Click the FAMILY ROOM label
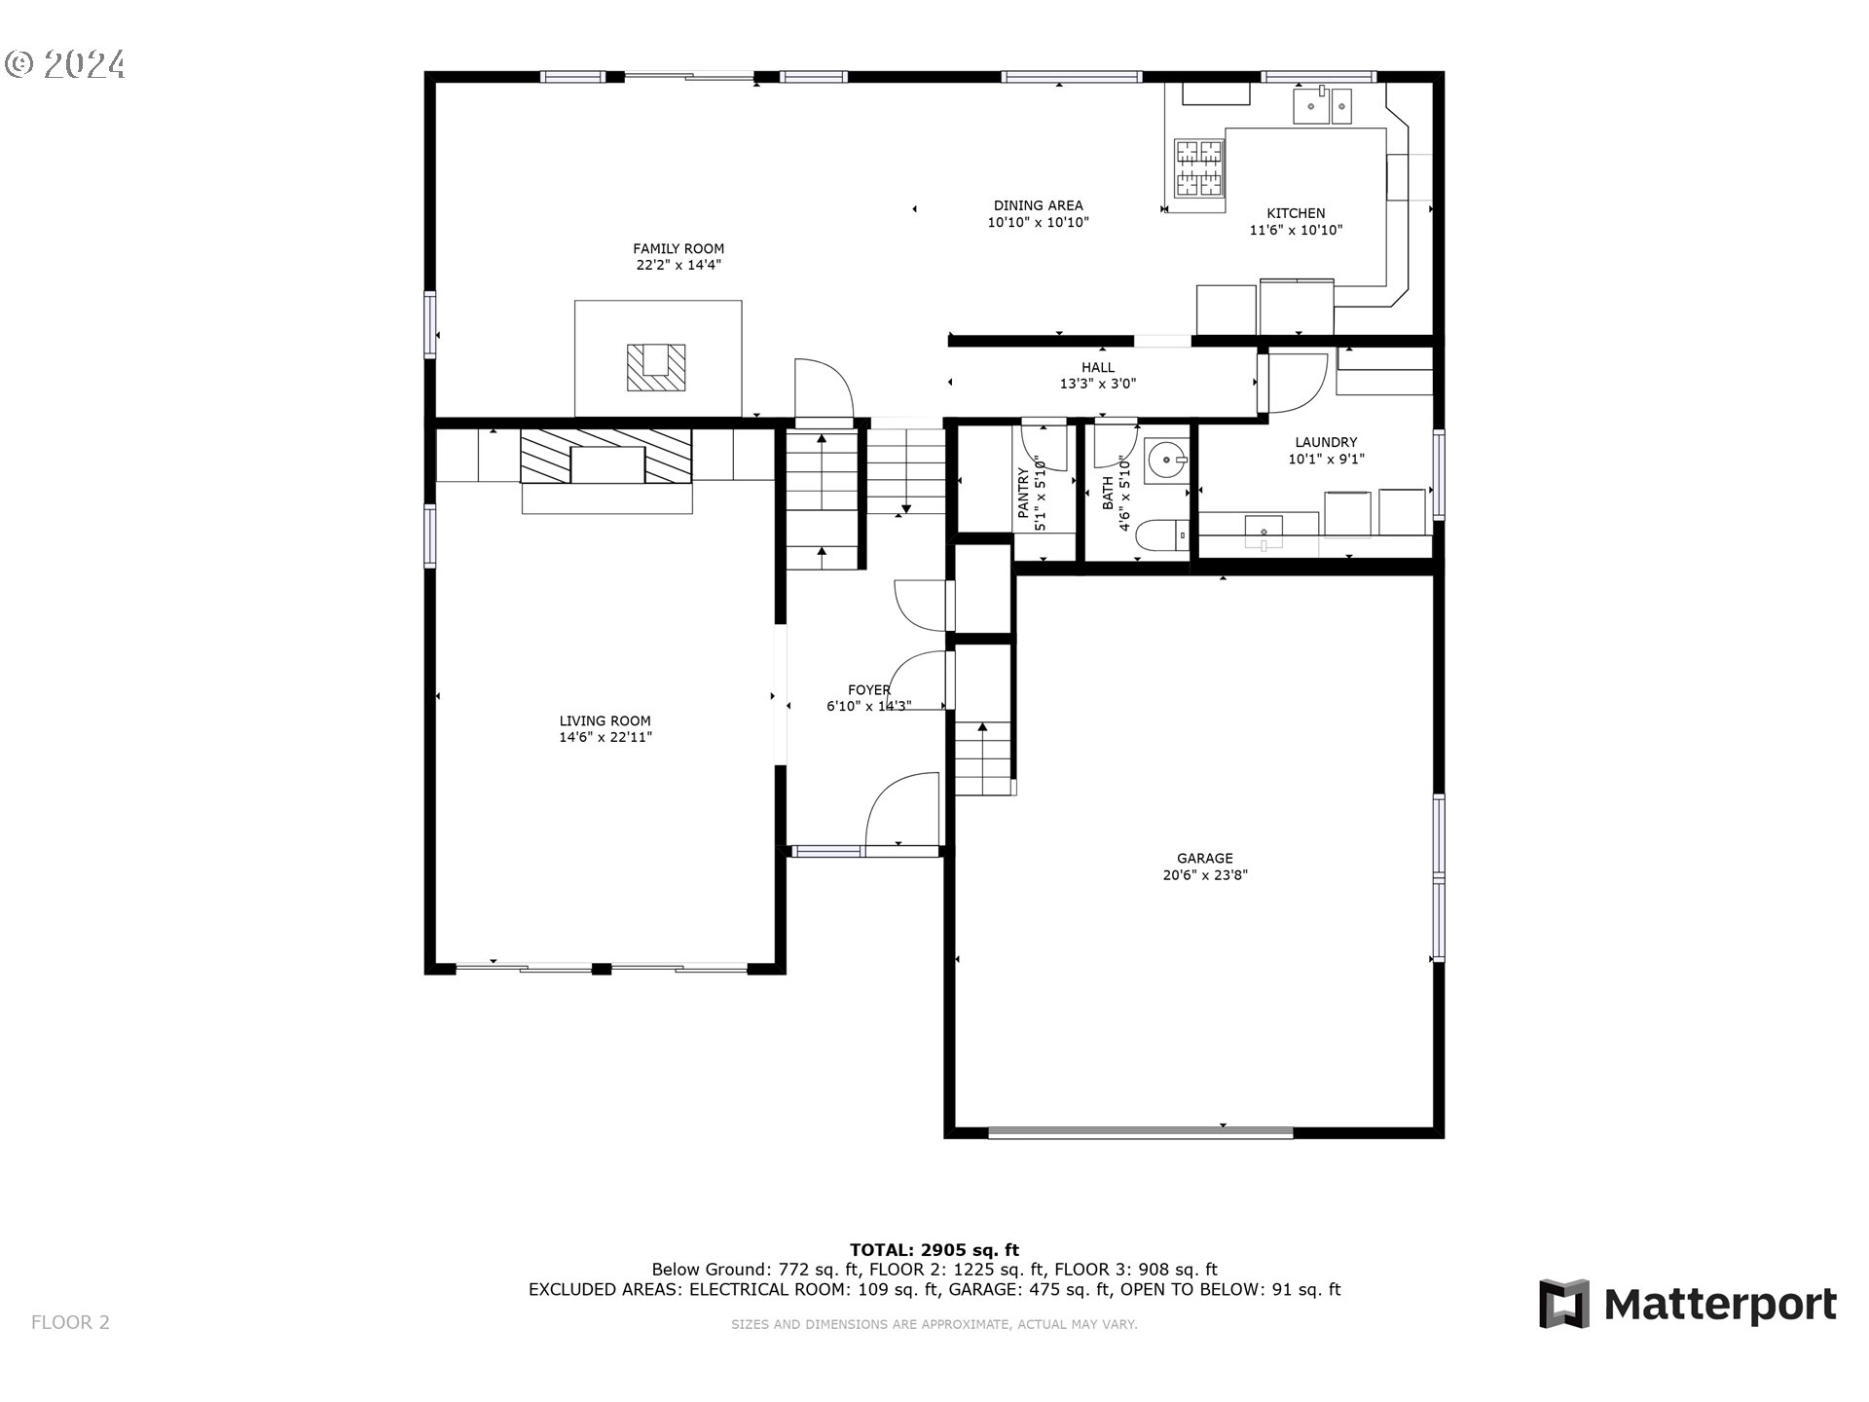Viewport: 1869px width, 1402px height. point(678,249)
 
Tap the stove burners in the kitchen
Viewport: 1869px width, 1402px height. point(1198,166)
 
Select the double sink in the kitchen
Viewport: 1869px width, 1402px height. point(1322,106)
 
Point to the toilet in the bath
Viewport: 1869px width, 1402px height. point(1162,535)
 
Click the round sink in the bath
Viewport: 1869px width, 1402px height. point(1166,460)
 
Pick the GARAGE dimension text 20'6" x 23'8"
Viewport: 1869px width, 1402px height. point(1205,875)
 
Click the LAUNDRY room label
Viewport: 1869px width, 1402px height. point(1325,442)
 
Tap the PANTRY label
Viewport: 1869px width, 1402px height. point(1023,493)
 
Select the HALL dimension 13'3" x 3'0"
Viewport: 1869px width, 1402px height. point(1097,384)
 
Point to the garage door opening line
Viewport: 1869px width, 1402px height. point(1140,1132)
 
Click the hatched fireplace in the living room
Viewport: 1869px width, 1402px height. point(606,457)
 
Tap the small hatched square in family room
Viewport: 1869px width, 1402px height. point(655,367)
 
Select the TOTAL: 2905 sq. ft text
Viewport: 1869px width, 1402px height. point(934,1250)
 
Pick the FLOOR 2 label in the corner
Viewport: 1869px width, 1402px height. point(70,1322)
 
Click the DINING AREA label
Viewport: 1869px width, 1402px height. point(1038,205)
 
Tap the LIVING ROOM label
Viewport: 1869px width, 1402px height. point(605,721)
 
